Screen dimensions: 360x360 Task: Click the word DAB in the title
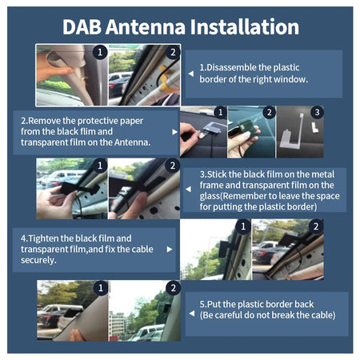86,26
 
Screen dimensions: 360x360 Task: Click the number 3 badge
317,112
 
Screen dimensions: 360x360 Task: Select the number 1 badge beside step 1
100,51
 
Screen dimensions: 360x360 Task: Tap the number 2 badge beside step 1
170,51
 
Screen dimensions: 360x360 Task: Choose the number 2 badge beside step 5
173,287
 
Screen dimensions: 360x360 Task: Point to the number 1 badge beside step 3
100,166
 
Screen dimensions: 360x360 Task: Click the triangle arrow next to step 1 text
192,73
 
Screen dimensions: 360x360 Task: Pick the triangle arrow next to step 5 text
192,309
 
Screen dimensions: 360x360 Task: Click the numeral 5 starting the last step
202,303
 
